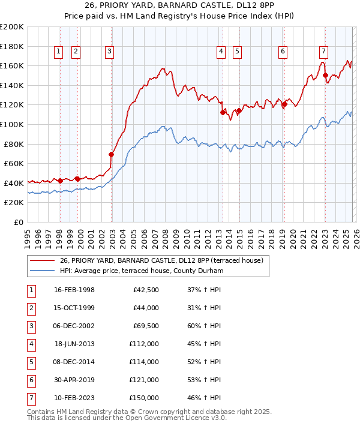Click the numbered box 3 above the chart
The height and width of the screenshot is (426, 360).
tap(110, 52)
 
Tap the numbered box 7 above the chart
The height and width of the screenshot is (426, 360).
tap(323, 52)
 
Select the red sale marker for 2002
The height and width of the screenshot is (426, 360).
tap(112, 154)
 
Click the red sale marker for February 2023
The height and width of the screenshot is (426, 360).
tap(325, 76)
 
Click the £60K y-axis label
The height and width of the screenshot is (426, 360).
tap(14, 163)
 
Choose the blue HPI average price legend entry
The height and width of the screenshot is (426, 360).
tap(141, 271)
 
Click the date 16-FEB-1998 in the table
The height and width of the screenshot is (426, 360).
tap(74, 290)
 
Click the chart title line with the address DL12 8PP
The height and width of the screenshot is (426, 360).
tap(180, 6)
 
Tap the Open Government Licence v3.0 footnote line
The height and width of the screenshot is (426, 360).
tap(127, 418)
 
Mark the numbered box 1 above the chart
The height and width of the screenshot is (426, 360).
tap(58, 52)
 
